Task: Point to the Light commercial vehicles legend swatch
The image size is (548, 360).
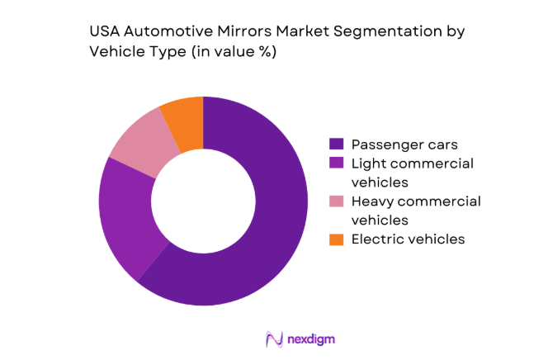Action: [x=335, y=164]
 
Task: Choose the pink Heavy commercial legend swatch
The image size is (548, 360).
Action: [x=335, y=202]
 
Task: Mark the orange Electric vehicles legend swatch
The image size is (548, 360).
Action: [x=335, y=239]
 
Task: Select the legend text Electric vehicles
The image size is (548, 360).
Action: [x=409, y=239]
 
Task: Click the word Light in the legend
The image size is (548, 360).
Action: [x=368, y=164]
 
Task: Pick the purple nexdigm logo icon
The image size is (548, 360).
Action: [x=275, y=339]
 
